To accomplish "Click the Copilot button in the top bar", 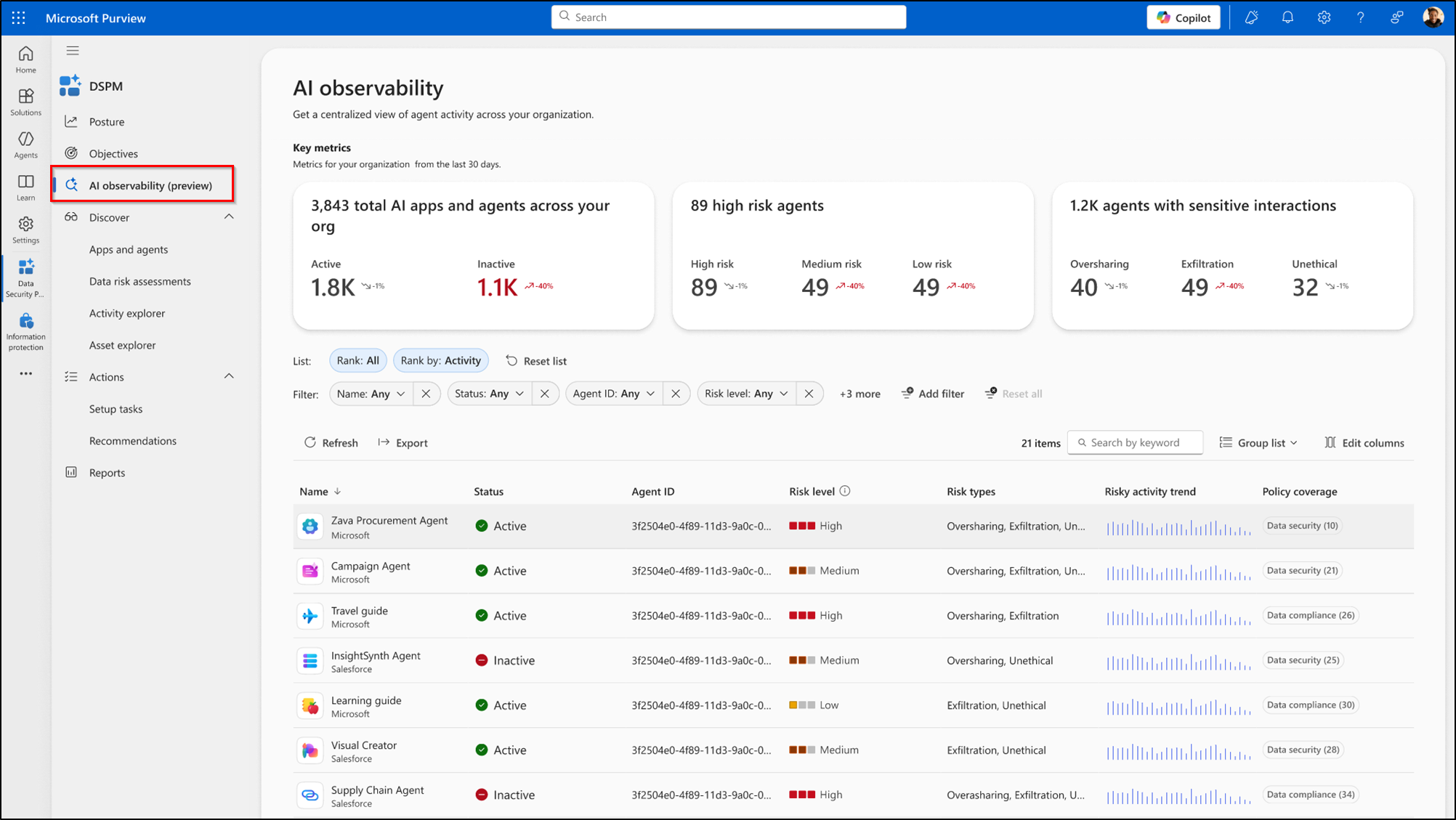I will tap(1184, 17).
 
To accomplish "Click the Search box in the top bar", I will tap(729, 17).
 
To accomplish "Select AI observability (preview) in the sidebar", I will tap(150, 185).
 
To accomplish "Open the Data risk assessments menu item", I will tap(139, 281).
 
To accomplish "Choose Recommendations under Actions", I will tap(132, 441).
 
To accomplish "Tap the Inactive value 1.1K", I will tap(497, 288).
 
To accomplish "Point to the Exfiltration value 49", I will tap(1194, 288).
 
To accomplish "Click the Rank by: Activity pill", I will tap(440, 360).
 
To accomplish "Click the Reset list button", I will tap(536, 361).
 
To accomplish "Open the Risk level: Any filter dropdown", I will tap(746, 394).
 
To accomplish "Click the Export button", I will tap(403, 443).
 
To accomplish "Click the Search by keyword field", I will tap(1136, 442).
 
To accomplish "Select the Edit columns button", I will tap(1364, 443).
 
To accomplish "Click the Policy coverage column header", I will tap(1300, 492).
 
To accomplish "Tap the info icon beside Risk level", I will tap(845, 491).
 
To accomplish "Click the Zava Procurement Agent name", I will tap(389, 521).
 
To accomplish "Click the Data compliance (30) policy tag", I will tap(1311, 705).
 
